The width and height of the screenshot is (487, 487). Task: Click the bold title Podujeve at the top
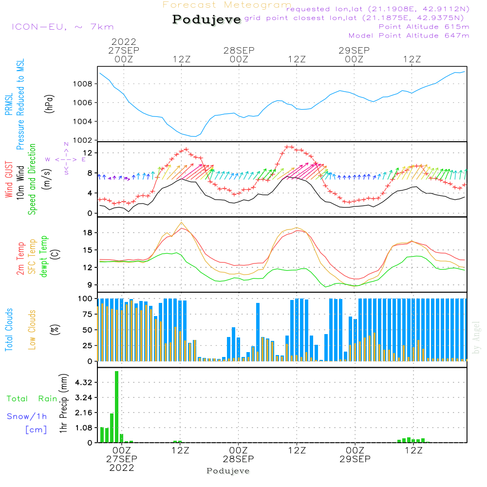point(207,19)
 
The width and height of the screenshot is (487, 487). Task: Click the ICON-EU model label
point(62,27)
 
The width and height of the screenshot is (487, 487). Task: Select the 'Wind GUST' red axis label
point(9,180)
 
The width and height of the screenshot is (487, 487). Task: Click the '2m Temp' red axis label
point(20,258)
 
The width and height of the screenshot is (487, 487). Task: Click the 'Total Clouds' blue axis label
point(9,330)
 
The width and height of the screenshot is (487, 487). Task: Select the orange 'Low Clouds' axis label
point(32,329)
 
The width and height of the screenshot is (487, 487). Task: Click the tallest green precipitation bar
point(116,407)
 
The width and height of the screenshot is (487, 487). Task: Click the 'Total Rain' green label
point(32,399)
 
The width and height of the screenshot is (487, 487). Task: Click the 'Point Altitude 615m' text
point(424,27)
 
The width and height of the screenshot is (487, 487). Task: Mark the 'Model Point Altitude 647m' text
point(409,36)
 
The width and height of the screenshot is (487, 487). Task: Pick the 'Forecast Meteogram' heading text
point(227,5)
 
